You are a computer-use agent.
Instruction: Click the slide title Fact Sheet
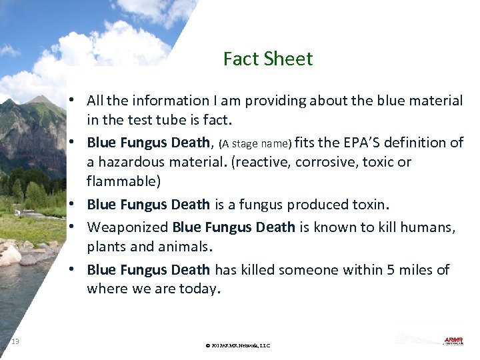268,59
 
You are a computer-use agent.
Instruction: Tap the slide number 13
15,341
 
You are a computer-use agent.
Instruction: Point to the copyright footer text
238,345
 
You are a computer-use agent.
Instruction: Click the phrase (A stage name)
255,143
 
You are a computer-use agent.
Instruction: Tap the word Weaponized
127,227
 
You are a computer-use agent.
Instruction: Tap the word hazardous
129,161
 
